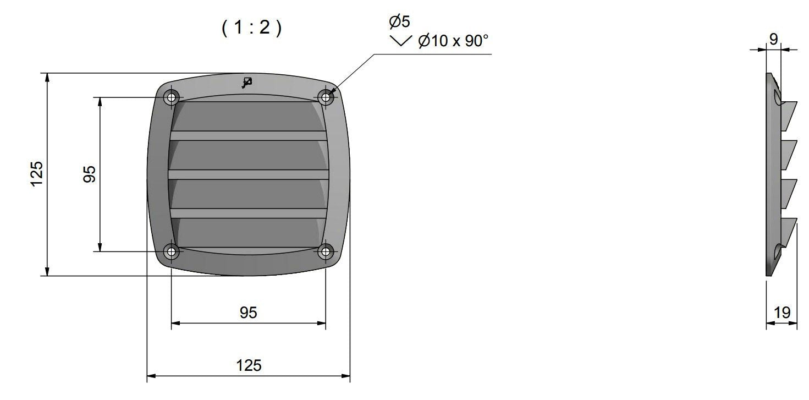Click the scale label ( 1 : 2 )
click(x=251, y=28)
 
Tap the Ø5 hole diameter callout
click(x=399, y=21)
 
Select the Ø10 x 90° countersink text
click(x=453, y=41)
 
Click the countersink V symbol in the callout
click(x=401, y=41)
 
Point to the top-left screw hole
click(x=171, y=97)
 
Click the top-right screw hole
click(x=326, y=97)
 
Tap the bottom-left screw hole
click(x=171, y=251)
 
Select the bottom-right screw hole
click(x=326, y=251)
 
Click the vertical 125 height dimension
click(x=37, y=174)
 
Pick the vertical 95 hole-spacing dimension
click(x=89, y=174)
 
